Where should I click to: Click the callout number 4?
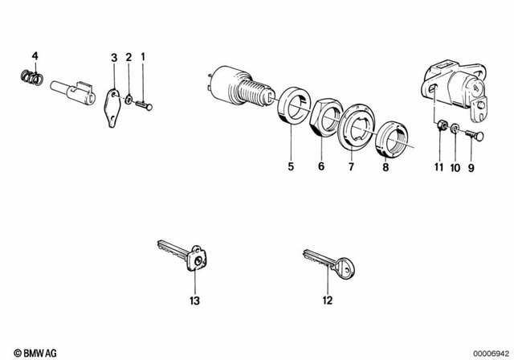click(x=34, y=55)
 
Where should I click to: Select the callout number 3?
click(x=114, y=57)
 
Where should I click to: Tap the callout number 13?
click(x=194, y=301)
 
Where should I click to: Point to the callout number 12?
click(x=328, y=301)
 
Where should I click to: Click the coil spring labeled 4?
click(x=30, y=79)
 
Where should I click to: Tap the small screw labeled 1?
click(x=145, y=102)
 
